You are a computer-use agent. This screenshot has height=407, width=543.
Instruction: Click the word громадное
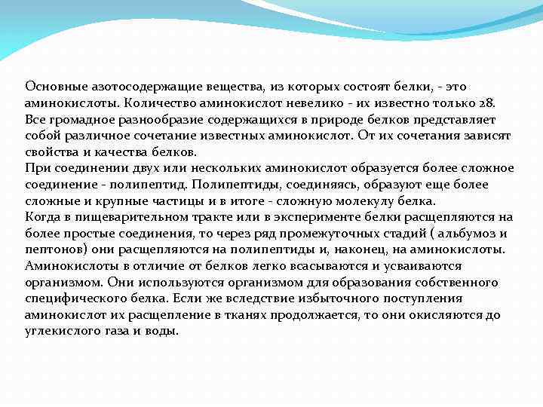click(78, 119)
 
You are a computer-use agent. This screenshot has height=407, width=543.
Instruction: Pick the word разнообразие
click(158, 119)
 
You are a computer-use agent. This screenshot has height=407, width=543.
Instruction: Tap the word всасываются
click(296, 266)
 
